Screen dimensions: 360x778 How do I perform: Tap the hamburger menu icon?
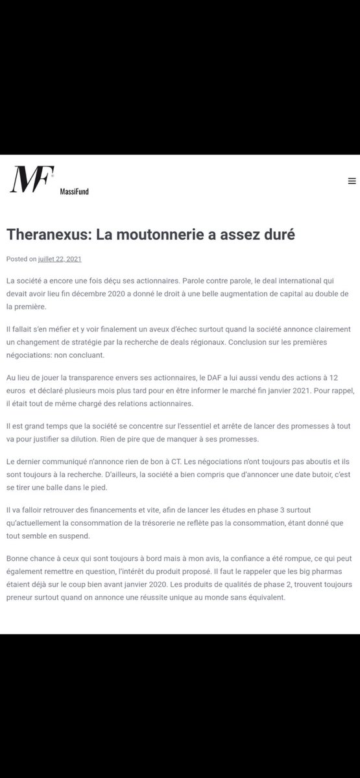pyautogui.click(x=352, y=182)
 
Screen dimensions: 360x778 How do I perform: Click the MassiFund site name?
pyautogui.click(x=74, y=192)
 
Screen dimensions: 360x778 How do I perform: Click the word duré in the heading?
pyautogui.click(x=276, y=234)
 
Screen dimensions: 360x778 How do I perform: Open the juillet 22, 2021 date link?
pyautogui.click(x=60, y=259)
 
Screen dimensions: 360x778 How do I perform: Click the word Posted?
pyautogui.click(x=17, y=259)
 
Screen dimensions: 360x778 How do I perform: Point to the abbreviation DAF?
pyautogui.click(x=219, y=377)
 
